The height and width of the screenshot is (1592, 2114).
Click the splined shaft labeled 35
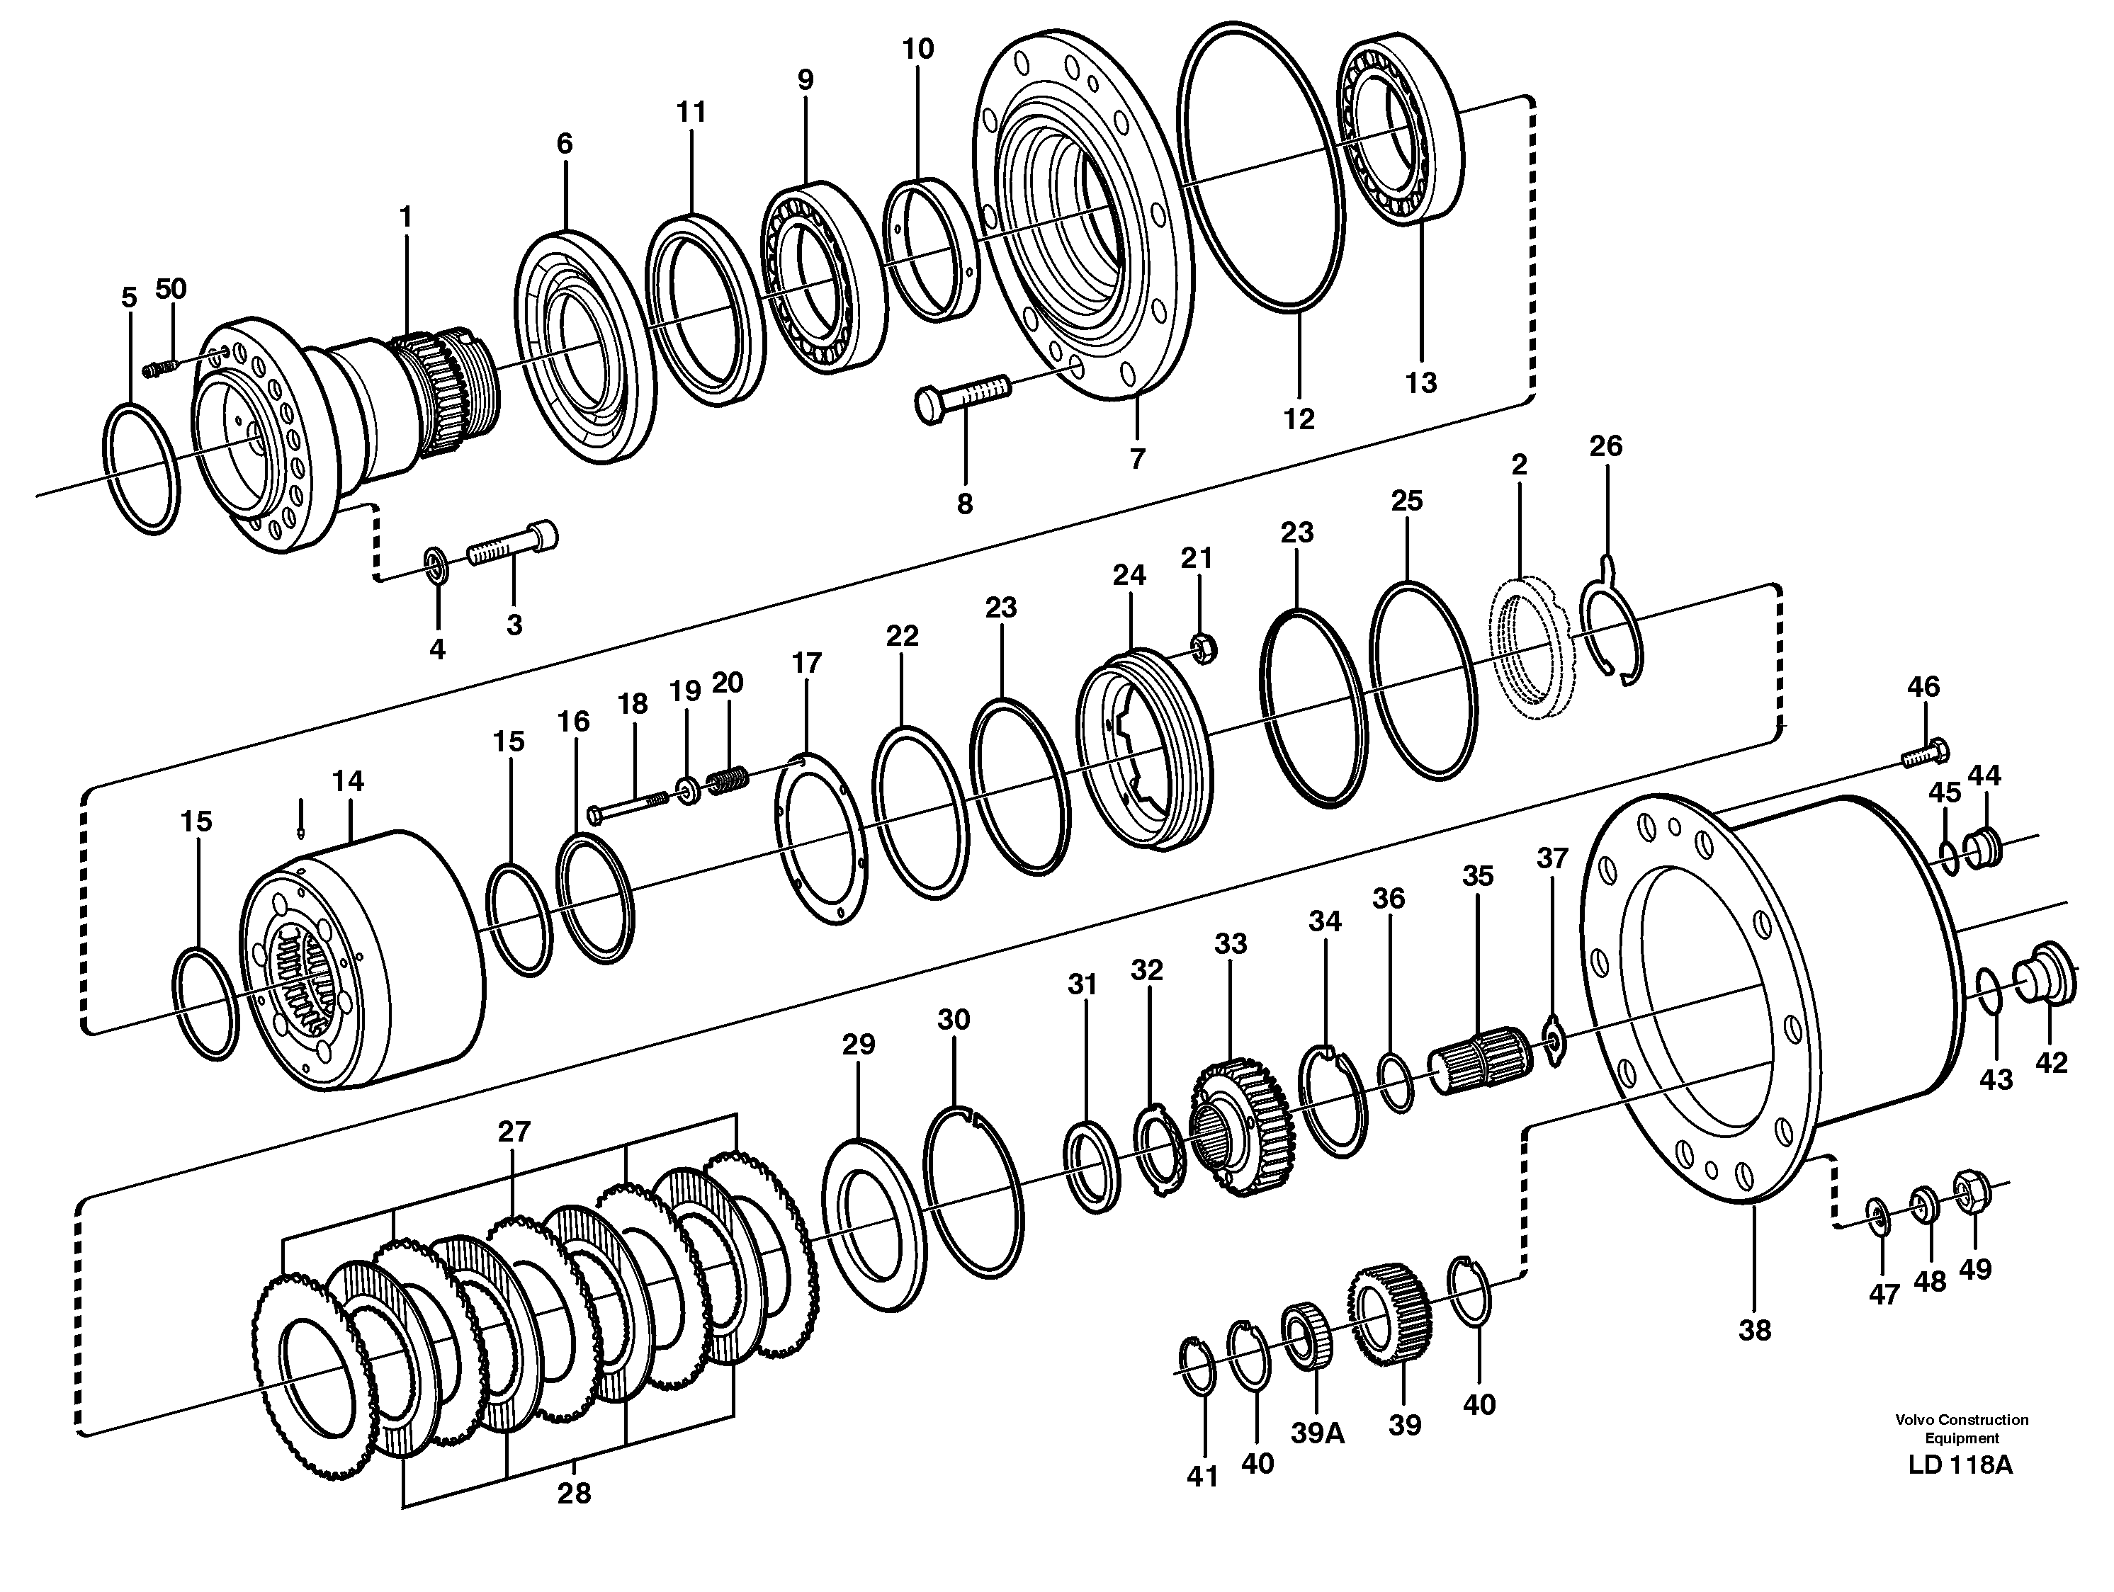[1479, 1059]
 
